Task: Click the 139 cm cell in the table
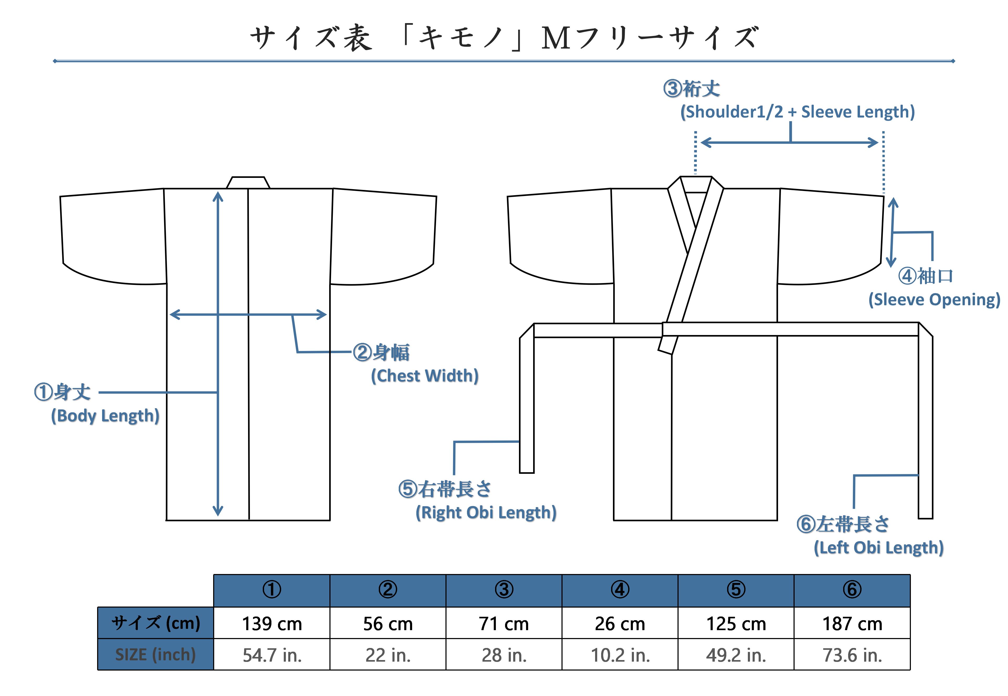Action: pyautogui.click(x=272, y=623)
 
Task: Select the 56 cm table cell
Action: pyautogui.click(x=388, y=623)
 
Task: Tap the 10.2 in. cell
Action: pyautogui.click(x=620, y=655)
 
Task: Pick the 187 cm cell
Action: pyautogui.click(x=852, y=623)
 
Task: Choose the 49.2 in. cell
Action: pyautogui.click(x=736, y=655)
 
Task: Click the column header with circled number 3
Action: pyautogui.click(x=504, y=591)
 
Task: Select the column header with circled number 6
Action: pyautogui.click(x=852, y=591)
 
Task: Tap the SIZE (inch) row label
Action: pyautogui.click(x=155, y=655)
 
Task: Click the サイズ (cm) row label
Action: pyautogui.click(x=155, y=623)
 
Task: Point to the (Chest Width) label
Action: pyautogui.click(x=424, y=375)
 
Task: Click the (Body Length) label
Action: pyautogui.click(x=105, y=416)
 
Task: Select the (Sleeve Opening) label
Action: pyautogui.click(x=934, y=300)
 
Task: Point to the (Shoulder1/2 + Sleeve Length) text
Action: pyautogui.click(x=798, y=112)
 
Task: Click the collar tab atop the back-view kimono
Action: pyautogui.click(x=248, y=183)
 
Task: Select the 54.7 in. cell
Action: pyautogui.click(x=272, y=655)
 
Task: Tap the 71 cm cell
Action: pyautogui.click(x=504, y=623)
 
